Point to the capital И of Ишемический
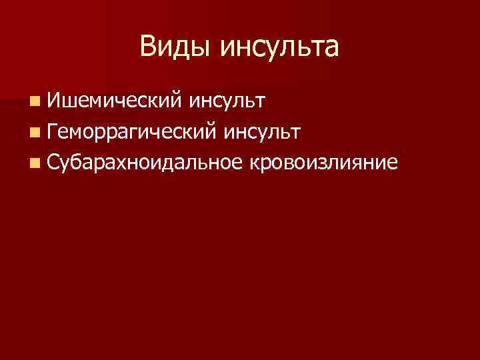pyautogui.click(x=55, y=101)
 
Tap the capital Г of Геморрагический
pyautogui.click(x=54, y=131)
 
